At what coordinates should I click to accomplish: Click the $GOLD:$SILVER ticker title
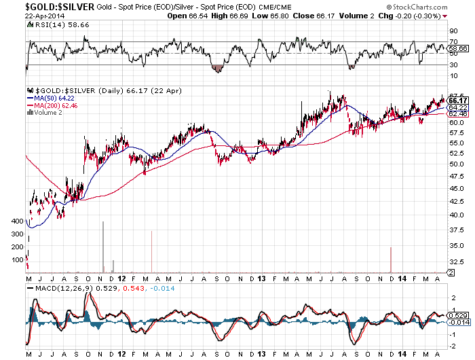(47, 6)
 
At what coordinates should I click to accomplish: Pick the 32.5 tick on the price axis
(457, 262)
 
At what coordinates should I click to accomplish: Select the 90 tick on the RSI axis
(453, 31)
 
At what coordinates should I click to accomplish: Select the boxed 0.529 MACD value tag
(459, 316)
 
